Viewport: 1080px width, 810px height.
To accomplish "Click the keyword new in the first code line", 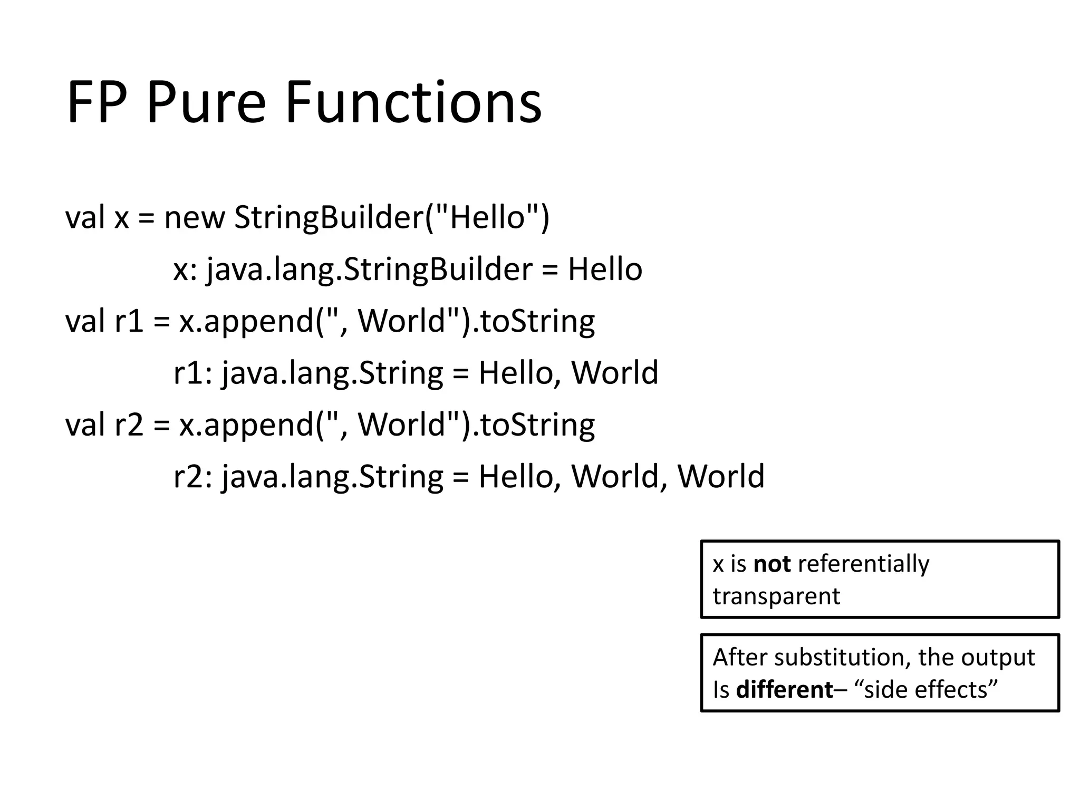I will tap(194, 217).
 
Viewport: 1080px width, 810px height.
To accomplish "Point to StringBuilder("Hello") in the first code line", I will tap(392, 217).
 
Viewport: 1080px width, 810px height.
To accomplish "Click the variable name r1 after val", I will tap(129, 321).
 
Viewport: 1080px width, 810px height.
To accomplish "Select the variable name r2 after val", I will tap(129, 425).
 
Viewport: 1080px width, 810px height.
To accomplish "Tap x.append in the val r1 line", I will tap(246, 321).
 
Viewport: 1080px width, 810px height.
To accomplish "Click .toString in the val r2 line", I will tap(533, 425).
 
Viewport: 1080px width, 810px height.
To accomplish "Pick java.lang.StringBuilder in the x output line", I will tap(369, 269).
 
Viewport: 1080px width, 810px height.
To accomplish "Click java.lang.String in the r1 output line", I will tap(332, 373).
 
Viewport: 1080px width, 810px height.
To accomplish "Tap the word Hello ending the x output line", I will tap(605, 269).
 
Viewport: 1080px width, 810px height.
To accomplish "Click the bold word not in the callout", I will tap(772, 564).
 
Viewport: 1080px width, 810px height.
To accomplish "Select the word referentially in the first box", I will tap(863, 564).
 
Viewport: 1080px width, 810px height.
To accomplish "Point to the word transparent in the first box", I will tap(776, 596).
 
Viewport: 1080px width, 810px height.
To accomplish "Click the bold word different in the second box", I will tap(784, 690).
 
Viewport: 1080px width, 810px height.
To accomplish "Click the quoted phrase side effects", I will tap(931, 690).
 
